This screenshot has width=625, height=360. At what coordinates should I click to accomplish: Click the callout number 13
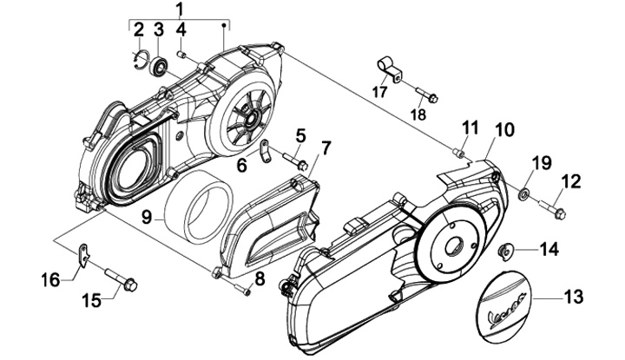pos(574,297)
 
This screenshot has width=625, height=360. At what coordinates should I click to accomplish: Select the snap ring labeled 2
pos(141,60)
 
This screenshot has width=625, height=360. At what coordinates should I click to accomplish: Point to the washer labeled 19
pos(523,193)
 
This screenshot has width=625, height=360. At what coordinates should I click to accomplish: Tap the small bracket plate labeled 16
pos(83,254)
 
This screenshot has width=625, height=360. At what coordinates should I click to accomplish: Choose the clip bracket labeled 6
pos(266,150)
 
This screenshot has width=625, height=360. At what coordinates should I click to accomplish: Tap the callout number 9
pos(147,217)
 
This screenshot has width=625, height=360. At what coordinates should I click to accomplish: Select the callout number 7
pos(326,148)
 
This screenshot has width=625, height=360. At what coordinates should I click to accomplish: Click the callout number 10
pos(504,130)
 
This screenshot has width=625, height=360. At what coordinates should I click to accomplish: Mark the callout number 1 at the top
pos(180,8)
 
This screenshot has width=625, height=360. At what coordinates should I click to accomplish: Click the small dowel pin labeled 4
pos(181,54)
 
